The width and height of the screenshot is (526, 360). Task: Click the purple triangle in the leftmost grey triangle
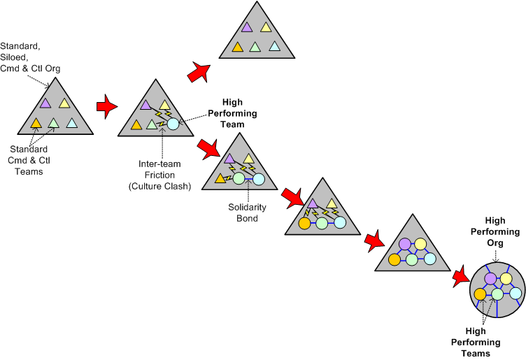coord(45,103)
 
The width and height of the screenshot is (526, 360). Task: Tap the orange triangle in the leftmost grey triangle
coord(36,123)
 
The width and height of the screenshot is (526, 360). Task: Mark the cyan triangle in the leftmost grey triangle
coord(72,123)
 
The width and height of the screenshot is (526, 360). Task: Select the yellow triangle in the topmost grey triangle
coord(266,27)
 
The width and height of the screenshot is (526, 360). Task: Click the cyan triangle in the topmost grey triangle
coord(275,47)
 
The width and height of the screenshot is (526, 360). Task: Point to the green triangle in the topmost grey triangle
coord(256,48)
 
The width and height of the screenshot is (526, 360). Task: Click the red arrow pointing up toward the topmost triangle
coord(199,71)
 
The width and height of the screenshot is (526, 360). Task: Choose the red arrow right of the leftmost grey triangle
coord(106,106)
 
